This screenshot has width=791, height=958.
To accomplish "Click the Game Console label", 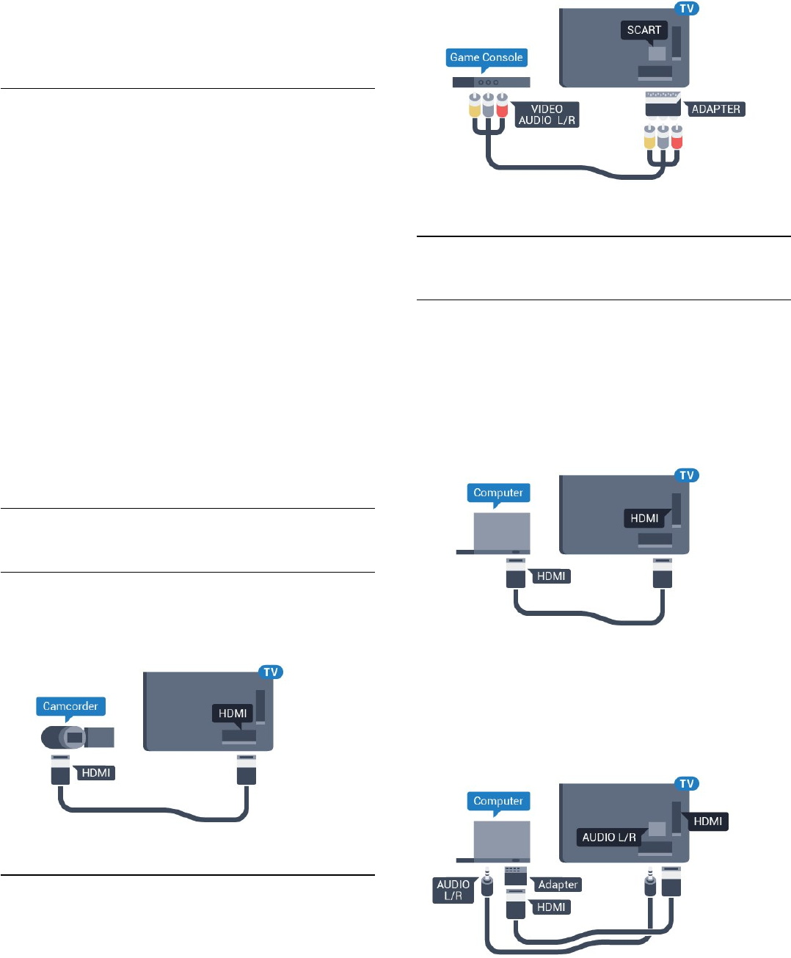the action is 486,57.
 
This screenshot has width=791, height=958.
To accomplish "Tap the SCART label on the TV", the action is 644,30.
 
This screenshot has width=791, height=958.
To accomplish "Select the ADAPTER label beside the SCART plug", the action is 715,109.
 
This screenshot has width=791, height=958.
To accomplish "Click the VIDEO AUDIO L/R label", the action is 547,115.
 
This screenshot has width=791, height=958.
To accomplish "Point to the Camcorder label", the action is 70,706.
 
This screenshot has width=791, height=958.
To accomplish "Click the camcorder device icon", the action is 77,736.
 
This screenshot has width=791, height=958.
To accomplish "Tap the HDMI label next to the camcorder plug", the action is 96,772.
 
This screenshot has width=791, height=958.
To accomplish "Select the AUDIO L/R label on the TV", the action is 609,837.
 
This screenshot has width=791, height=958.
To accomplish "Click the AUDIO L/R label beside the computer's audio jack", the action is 453,890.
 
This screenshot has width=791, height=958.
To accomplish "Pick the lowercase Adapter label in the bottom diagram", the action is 558,885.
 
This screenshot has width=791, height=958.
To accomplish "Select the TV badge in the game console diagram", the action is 687,9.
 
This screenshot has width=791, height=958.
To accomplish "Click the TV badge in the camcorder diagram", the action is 271,672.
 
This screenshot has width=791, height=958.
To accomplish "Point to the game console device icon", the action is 491,81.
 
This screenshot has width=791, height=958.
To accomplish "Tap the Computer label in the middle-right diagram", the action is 498,493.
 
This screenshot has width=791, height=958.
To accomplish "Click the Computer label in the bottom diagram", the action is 498,801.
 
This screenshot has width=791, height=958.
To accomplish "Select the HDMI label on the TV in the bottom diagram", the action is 707,821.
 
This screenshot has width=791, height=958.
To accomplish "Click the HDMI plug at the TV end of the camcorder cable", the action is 247,771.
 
